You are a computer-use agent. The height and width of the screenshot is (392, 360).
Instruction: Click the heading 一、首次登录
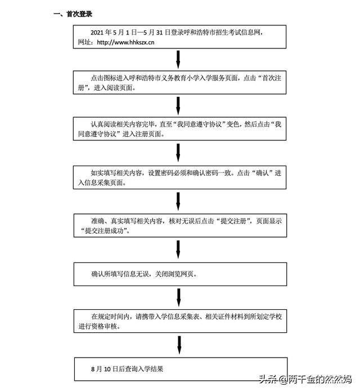point(73,14)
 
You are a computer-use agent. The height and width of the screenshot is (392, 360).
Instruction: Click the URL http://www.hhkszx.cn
point(125,42)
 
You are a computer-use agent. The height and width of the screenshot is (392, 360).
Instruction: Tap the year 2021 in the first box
point(97,33)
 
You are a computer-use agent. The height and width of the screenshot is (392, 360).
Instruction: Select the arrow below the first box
point(178,60)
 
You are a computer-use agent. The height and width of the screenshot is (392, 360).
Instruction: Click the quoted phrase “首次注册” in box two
point(180,83)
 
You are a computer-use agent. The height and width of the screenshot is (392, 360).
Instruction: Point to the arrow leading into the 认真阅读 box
point(178,106)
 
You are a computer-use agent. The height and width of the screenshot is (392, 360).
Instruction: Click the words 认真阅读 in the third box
point(103,124)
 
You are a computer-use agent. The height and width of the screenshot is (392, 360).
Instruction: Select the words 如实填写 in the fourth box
point(103,173)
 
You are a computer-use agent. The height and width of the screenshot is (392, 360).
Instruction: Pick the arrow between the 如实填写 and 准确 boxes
point(178,201)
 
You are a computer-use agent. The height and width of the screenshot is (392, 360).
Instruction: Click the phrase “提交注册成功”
point(105,231)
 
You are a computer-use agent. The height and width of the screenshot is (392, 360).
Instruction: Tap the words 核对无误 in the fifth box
point(182,221)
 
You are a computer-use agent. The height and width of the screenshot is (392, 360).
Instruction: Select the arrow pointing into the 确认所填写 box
point(178,250)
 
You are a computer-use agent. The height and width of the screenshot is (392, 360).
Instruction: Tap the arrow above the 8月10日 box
point(179,345)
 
